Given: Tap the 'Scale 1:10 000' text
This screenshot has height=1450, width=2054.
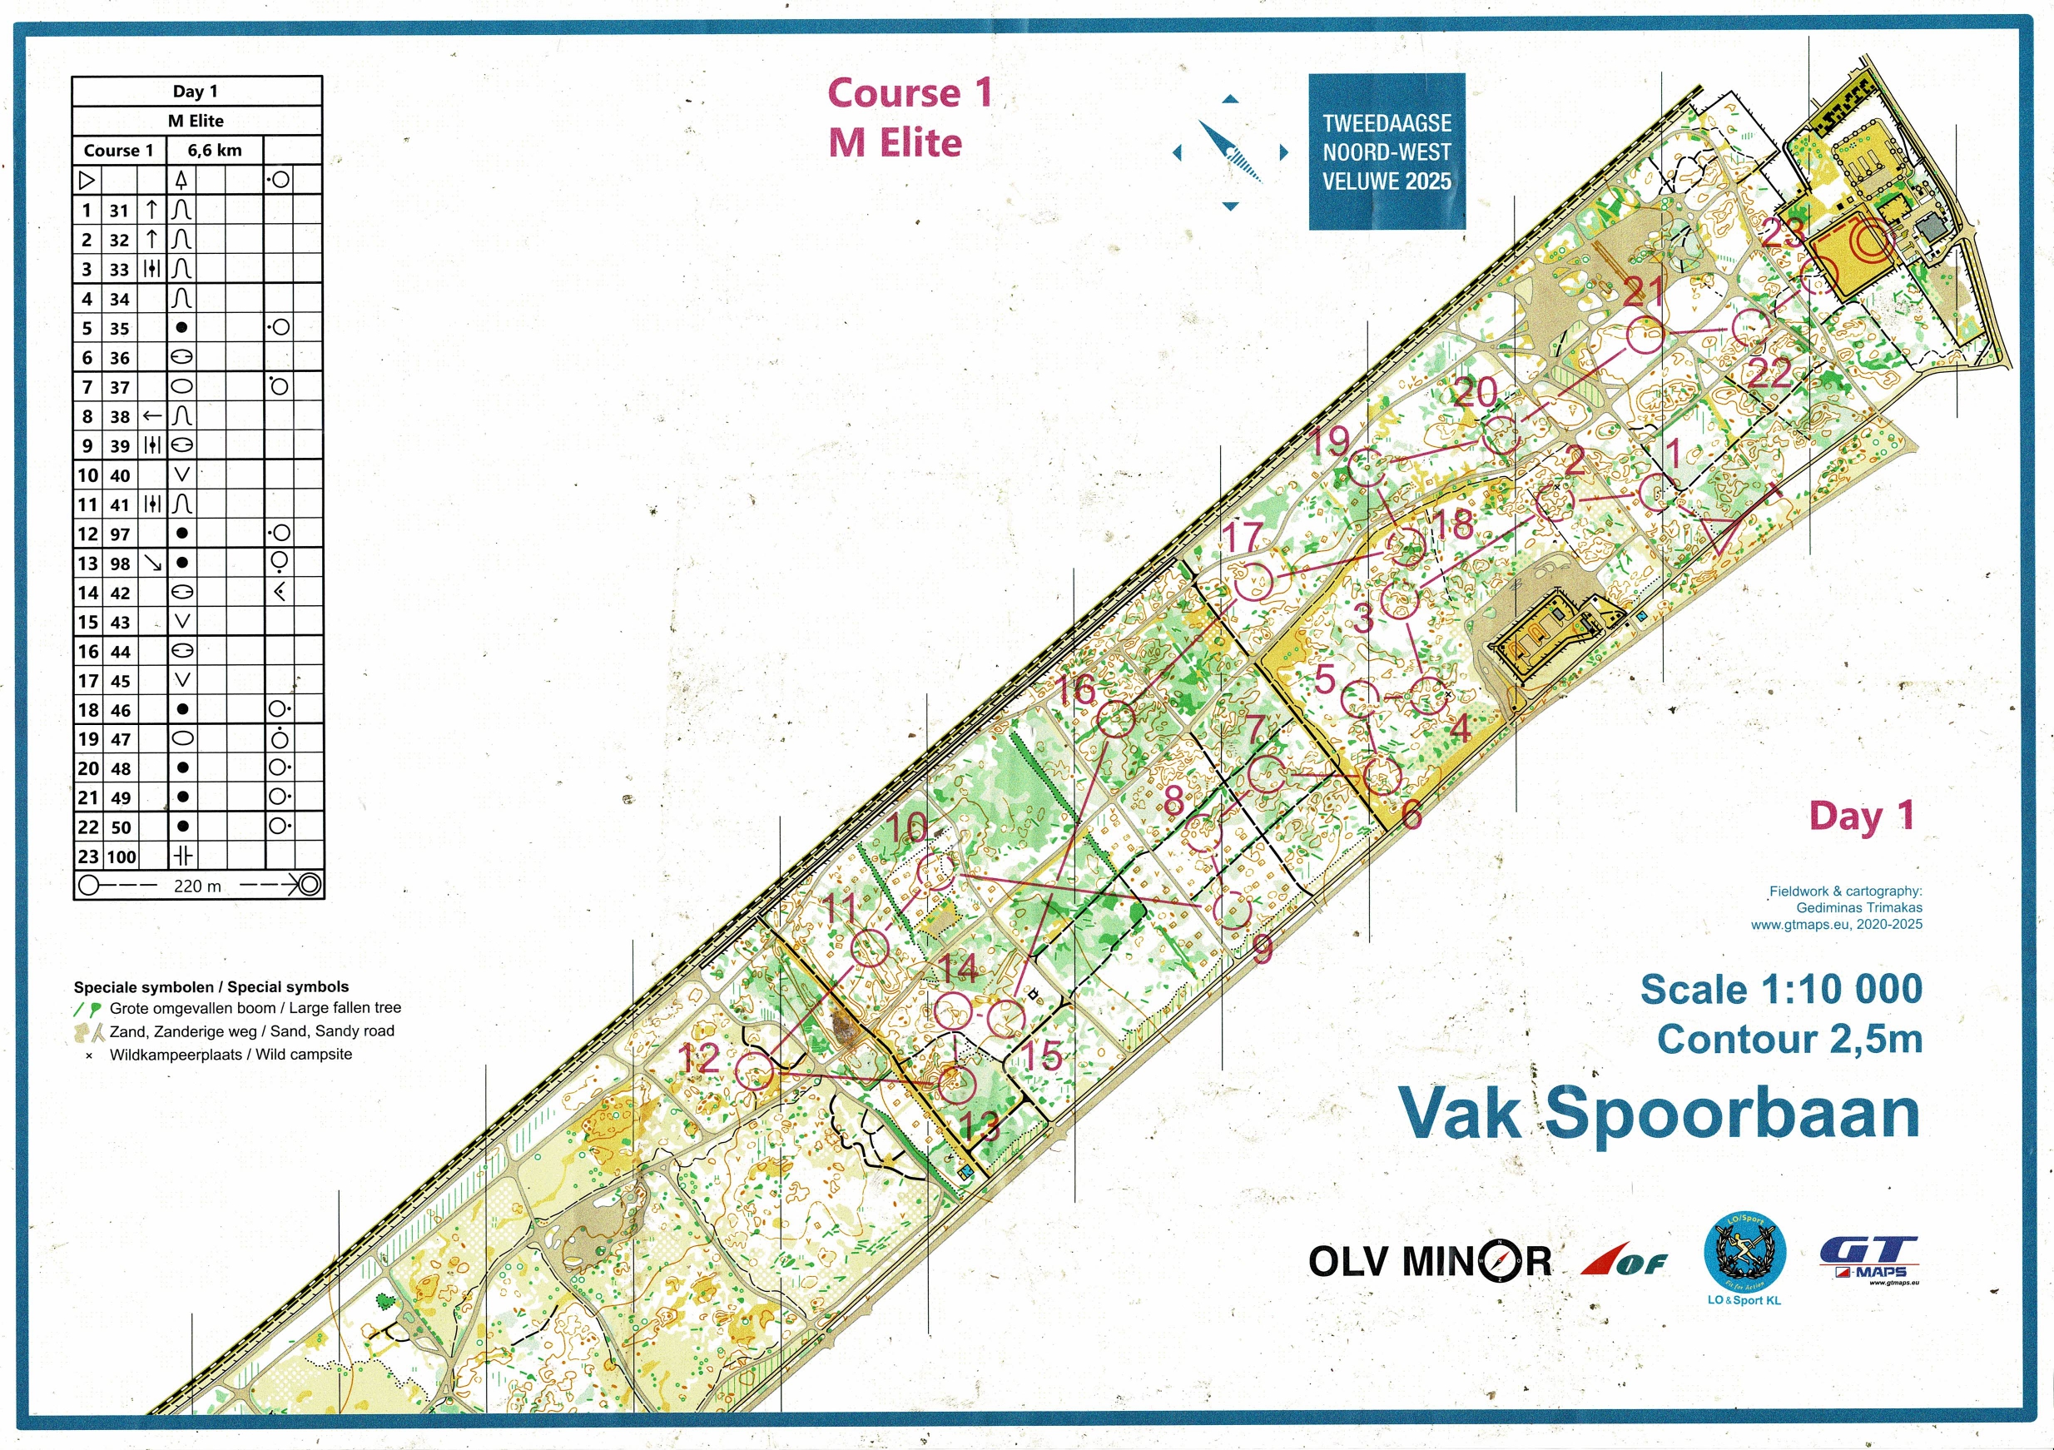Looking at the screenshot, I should click(1781, 990).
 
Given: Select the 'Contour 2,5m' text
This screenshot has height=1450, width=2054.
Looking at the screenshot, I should click(1789, 1040).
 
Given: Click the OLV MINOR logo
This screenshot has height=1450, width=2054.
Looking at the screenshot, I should click(1429, 1261).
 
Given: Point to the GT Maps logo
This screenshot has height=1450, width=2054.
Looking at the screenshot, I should click(1870, 1260).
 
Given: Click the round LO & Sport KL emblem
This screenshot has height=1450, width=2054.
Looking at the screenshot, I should click(1744, 1254).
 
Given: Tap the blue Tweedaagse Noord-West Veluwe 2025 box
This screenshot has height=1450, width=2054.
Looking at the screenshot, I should click(1387, 151).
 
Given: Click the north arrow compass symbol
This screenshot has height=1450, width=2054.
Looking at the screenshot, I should click(1230, 152).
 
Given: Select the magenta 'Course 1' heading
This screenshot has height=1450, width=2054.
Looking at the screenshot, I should click(910, 93).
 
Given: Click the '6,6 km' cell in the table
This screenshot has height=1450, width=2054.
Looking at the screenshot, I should click(215, 151).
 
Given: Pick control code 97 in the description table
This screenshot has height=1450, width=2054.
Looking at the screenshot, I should click(120, 534).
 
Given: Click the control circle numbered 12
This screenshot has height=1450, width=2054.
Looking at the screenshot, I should click(754, 1070).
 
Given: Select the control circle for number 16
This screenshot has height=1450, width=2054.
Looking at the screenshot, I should click(1115, 719).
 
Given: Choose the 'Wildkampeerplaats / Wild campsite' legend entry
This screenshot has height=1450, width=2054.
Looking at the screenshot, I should click(230, 1055).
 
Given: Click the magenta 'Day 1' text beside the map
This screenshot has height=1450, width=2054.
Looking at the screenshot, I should click(1861, 816).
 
